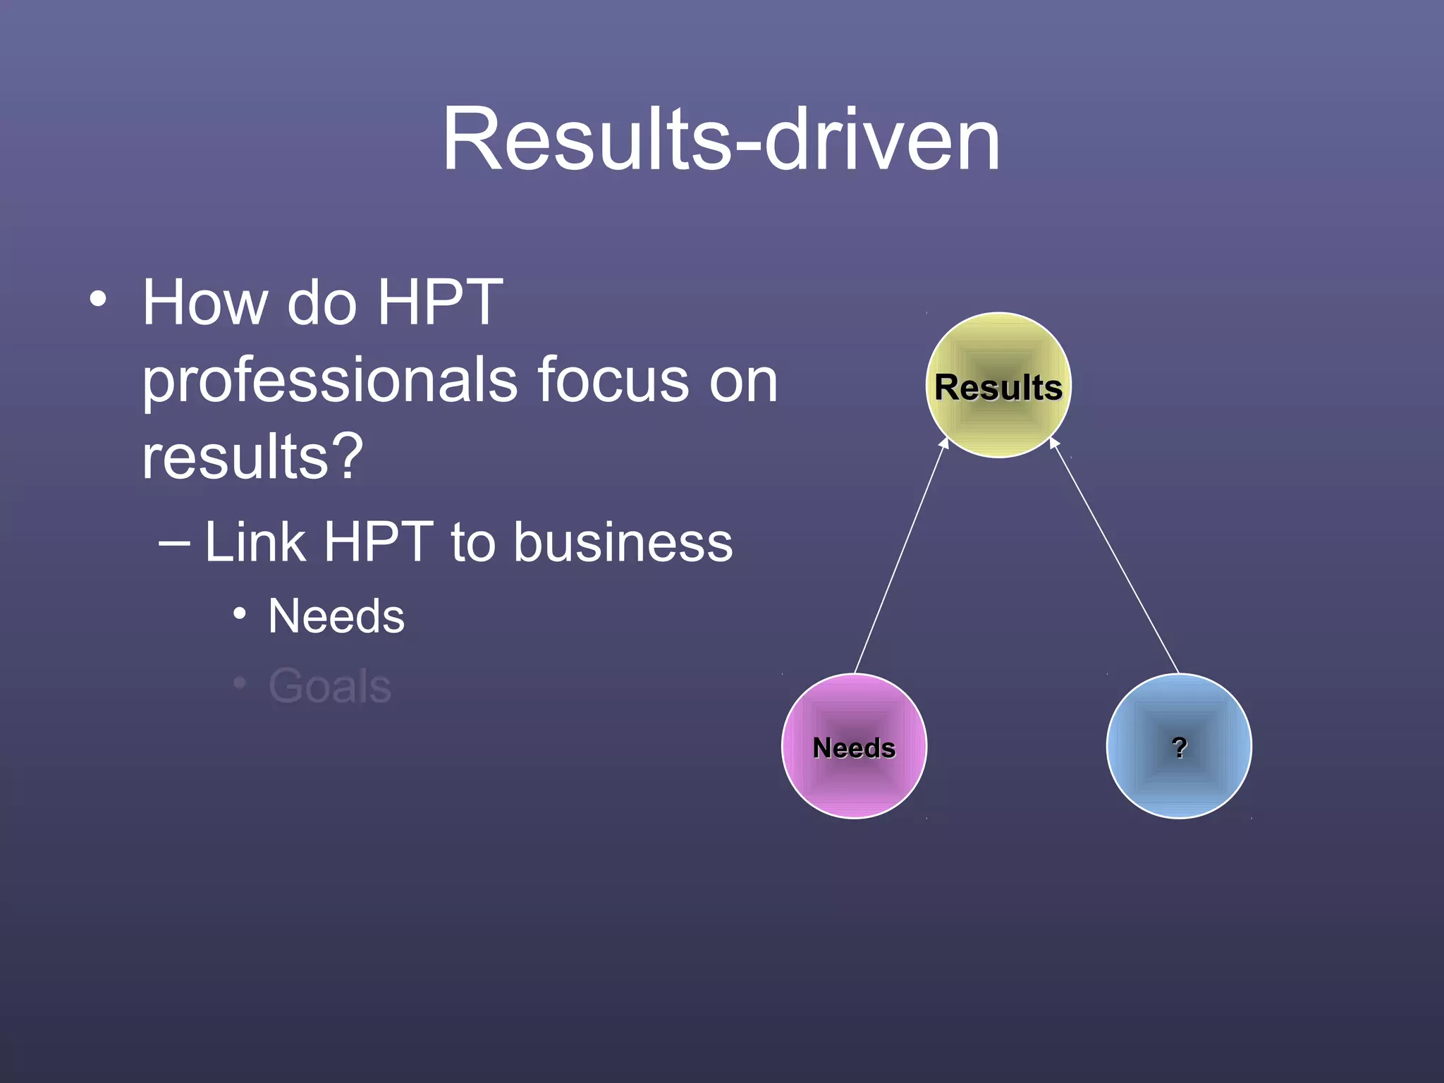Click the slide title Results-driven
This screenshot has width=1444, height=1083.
pyautogui.click(x=721, y=139)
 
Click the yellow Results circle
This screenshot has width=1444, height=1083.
pyautogui.click(x=998, y=385)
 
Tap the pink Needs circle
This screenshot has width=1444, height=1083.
pyautogui.click(x=854, y=746)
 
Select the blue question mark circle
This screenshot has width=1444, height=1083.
pyautogui.click(x=1179, y=746)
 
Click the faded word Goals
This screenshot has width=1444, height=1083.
pyautogui.click(x=329, y=685)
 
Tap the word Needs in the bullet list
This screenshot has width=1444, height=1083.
pyautogui.click(x=336, y=616)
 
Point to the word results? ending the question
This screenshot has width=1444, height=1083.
pyautogui.click(x=252, y=456)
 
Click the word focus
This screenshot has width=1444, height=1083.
pyautogui.click(x=613, y=380)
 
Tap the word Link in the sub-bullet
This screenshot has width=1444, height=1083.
pyautogui.click(x=255, y=542)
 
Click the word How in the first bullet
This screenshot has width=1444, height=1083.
pyautogui.click(x=205, y=302)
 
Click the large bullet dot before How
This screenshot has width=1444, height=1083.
pyautogui.click(x=98, y=299)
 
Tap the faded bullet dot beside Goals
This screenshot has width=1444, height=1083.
pyautogui.click(x=240, y=683)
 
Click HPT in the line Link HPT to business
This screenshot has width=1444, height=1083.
pyautogui.click(x=379, y=542)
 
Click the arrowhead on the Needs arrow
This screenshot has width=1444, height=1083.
pyautogui.click(x=945, y=443)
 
